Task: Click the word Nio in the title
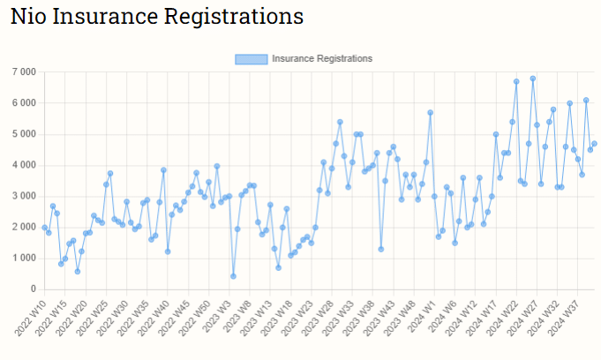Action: point(27,17)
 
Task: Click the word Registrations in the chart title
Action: point(234,17)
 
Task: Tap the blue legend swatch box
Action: point(251,58)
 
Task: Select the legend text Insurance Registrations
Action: point(322,58)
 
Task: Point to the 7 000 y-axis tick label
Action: point(23,71)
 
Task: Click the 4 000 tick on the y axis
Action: point(23,165)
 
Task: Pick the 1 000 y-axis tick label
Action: point(23,258)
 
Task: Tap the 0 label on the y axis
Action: point(33,289)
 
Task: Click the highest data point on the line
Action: point(533,79)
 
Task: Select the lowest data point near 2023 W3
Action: point(233,276)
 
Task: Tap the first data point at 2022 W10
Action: point(44,228)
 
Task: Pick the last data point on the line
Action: point(594,144)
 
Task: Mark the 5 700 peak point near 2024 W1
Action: point(430,113)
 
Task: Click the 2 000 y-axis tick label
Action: point(23,227)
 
